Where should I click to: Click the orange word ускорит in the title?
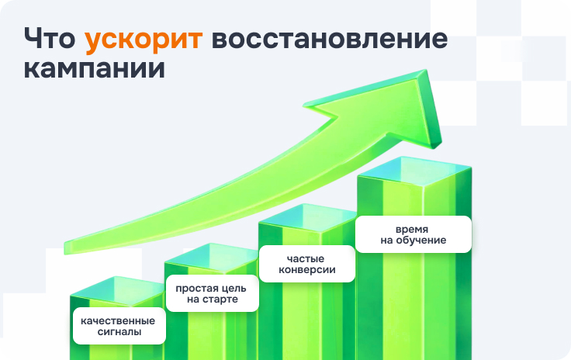(x=144, y=40)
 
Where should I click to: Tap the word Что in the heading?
(x=50, y=38)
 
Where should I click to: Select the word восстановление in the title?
(x=330, y=38)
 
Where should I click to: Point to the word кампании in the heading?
(x=95, y=68)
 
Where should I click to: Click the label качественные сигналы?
(x=119, y=326)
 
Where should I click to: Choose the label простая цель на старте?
(x=213, y=293)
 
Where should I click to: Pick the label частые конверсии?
(x=306, y=264)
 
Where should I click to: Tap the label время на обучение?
(x=414, y=234)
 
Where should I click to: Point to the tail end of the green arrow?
(x=65, y=247)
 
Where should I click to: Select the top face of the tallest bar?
(x=414, y=171)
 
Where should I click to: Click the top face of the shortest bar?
(x=116, y=290)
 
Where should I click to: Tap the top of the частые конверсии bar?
(x=308, y=218)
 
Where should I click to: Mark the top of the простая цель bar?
(x=211, y=258)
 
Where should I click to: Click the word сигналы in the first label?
(x=119, y=331)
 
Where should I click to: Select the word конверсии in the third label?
(x=307, y=270)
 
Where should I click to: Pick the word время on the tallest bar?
(x=412, y=230)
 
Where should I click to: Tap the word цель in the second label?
(x=231, y=289)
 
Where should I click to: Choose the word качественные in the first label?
(x=118, y=321)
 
